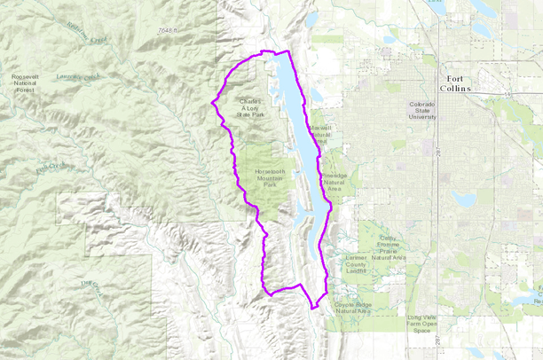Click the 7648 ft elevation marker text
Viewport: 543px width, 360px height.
(166, 31)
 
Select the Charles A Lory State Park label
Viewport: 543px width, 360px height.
(251, 108)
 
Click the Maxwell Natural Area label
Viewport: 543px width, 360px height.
(319, 134)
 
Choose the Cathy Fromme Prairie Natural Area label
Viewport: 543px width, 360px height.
(391, 247)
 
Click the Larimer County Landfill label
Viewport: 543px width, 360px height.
(355, 264)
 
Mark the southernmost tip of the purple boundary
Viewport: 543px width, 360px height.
(314, 309)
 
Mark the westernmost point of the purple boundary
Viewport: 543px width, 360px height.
(210, 103)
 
